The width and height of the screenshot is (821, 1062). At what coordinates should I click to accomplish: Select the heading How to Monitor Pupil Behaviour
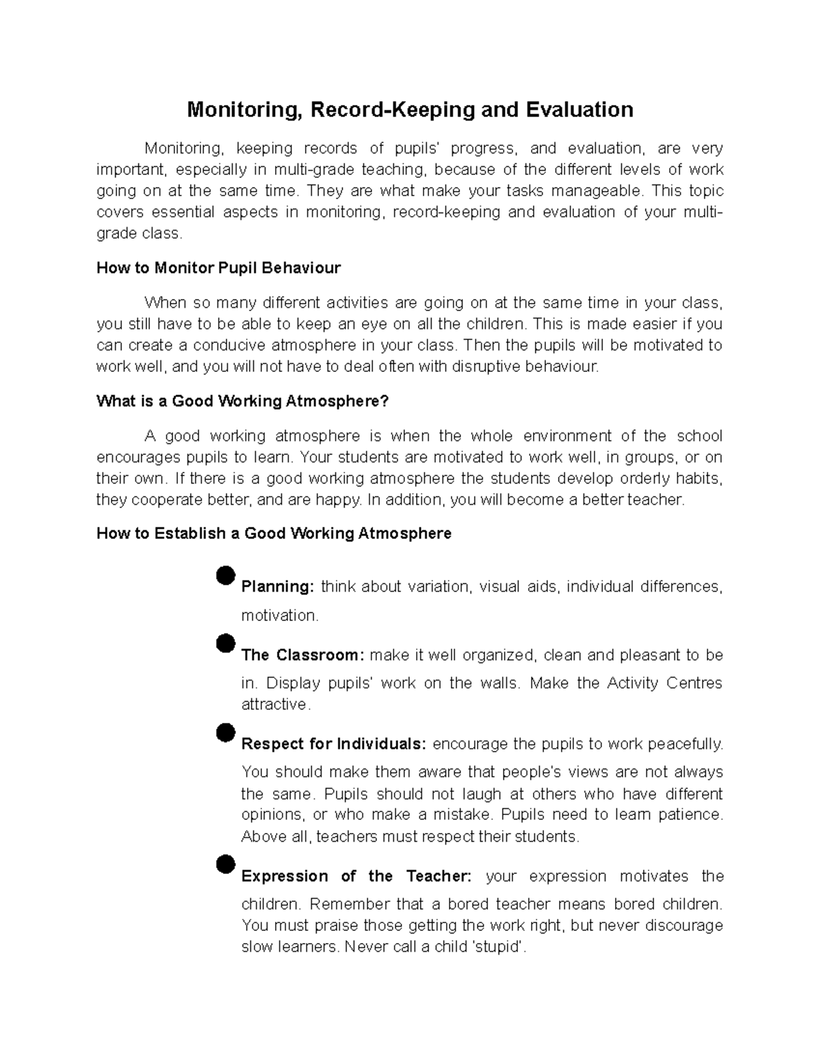pos(218,267)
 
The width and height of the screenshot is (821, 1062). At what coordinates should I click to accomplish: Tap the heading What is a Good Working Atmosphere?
pos(242,401)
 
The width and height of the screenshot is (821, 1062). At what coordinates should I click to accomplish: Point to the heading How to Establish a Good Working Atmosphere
pos(274,533)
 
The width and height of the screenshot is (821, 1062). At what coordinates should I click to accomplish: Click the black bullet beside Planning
pos(224,575)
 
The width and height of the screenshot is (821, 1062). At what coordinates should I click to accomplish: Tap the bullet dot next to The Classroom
pos(224,643)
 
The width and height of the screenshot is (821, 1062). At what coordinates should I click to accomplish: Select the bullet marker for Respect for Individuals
pos(224,732)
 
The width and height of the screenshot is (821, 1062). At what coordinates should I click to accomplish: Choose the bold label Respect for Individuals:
pos(334,743)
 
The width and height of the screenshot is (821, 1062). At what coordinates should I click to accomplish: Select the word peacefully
pos(685,743)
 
